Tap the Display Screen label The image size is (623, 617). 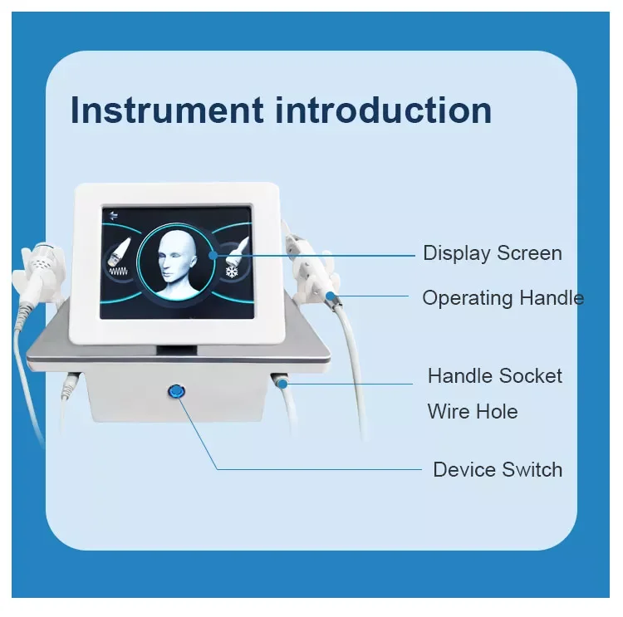coord(492,253)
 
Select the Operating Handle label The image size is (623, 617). coord(503,297)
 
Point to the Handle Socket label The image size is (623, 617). coord(494,376)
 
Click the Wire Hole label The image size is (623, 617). coord(472,411)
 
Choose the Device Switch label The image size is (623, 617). coord(498,470)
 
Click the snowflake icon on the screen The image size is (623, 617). coord(232,272)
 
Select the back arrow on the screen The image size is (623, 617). coord(114,217)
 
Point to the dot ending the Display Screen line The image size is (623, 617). coord(213,254)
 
